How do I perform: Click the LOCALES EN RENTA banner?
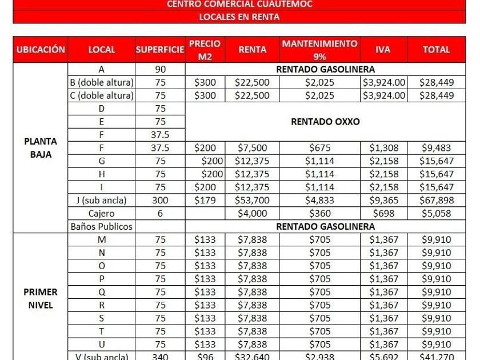click(239, 17)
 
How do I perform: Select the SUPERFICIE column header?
click(160, 50)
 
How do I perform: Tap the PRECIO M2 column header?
click(205, 50)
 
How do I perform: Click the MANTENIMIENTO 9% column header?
click(319, 50)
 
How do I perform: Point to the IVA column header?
click(383, 50)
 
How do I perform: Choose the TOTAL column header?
click(436, 50)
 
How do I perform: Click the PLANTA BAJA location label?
click(41, 147)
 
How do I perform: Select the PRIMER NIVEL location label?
click(41, 298)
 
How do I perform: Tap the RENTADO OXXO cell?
click(325, 122)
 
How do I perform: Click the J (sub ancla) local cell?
click(101, 201)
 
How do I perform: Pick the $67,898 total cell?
click(436, 201)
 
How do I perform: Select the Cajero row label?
click(101, 214)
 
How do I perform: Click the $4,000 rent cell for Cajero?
click(252, 214)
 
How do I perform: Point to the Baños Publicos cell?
click(101, 226)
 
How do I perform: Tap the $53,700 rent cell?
click(252, 201)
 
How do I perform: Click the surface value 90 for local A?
click(160, 70)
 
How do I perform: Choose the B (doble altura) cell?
click(101, 82)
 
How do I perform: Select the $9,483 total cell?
click(436, 148)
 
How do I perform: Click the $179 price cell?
click(205, 201)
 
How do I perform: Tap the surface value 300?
click(160, 201)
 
